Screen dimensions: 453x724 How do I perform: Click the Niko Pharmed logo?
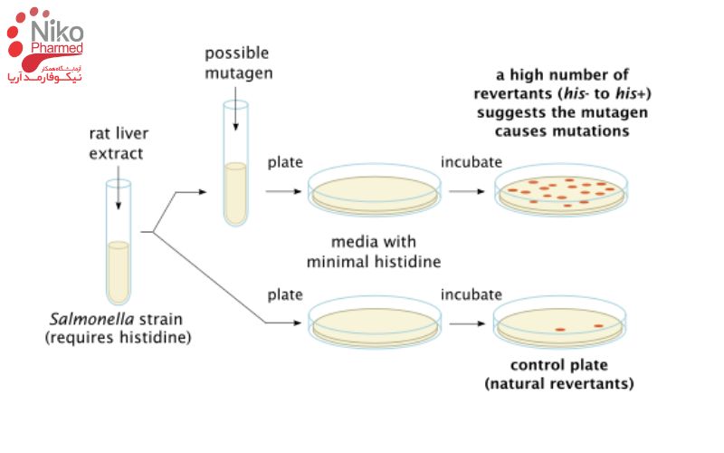tap(45, 45)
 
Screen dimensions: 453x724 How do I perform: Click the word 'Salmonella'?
tap(82, 320)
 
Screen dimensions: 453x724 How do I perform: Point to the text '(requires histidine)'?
tap(118, 338)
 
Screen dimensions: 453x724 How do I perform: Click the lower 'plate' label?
tap(284, 294)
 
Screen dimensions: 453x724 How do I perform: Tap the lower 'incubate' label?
tap(471, 294)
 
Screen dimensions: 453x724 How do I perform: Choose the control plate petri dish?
tap(561, 323)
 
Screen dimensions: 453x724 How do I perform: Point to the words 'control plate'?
tap(559, 366)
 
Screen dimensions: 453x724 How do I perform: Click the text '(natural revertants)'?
tap(559, 384)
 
